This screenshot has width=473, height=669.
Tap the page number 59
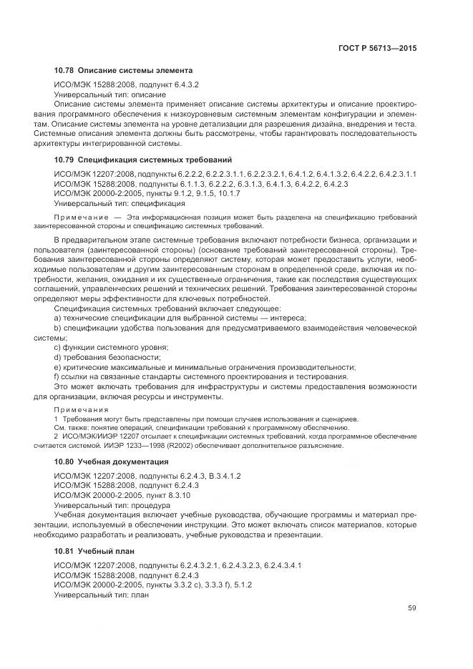412,608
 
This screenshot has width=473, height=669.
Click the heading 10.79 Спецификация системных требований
142,159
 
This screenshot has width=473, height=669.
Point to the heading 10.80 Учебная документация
111,462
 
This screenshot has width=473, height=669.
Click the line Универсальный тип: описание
110,94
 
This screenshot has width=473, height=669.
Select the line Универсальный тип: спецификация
120,203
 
